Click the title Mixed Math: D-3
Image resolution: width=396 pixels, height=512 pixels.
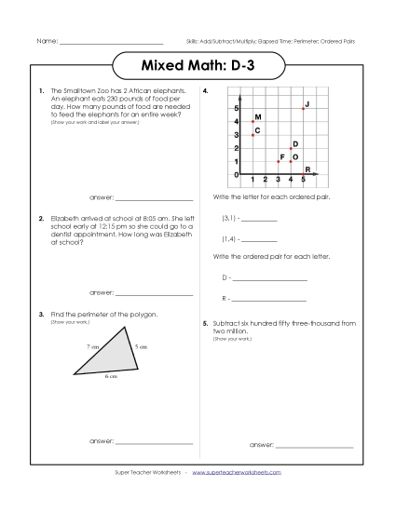[198, 68]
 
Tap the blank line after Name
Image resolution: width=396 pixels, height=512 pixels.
[111, 43]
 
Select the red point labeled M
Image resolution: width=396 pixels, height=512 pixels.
[252, 122]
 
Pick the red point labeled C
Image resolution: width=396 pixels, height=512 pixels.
[252, 135]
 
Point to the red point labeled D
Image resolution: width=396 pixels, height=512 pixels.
[291, 148]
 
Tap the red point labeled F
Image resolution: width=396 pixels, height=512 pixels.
[278, 161]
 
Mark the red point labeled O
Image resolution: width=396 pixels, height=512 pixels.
[291, 161]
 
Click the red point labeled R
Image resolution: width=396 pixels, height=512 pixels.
[304, 173]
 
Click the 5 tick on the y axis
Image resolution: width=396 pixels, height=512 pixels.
[236, 109]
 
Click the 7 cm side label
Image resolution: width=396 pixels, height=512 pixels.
[92, 345]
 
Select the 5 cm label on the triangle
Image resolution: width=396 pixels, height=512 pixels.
[139, 346]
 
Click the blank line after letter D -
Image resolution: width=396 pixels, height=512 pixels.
[269, 279]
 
